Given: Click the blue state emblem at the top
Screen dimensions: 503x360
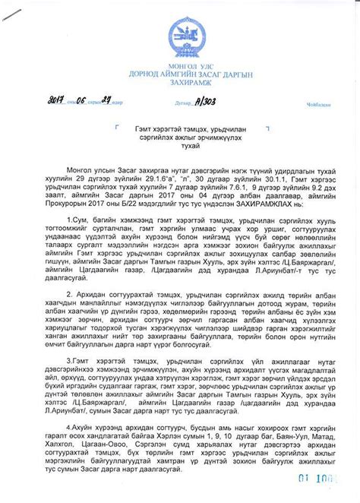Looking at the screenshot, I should pos(180,30).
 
